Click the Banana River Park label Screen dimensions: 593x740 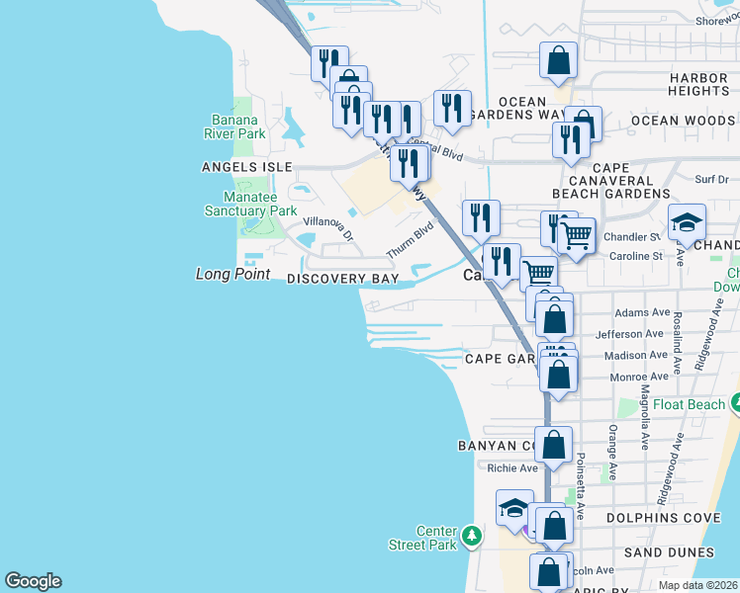click(x=234, y=125)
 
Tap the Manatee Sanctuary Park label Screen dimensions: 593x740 click(x=250, y=204)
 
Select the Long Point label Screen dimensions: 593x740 click(x=232, y=274)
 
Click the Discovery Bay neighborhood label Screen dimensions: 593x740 click(x=342, y=280)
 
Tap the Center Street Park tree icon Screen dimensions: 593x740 click(x=473, y=536)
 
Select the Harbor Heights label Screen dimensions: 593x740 click(x=698, y=84)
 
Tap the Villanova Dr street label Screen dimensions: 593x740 click(x=327, y=229)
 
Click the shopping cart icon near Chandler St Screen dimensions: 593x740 click(x=576, y=235)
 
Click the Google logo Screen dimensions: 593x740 click(x=33, y=581)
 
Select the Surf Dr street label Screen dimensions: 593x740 click(x=710, y=179)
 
